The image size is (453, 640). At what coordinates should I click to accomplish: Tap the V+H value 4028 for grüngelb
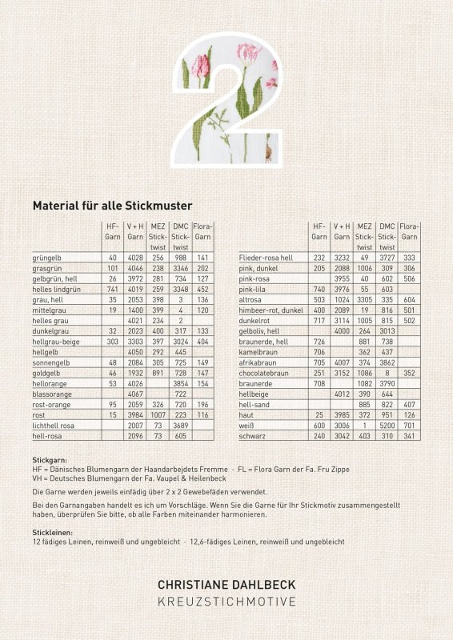pyautogui.click(x=135, y=258)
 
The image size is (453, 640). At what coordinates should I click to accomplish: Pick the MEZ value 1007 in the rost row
pyautogui.click(x=158, y=415)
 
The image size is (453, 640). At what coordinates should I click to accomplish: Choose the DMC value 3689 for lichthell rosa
pyautogui.click(x=180, y=426)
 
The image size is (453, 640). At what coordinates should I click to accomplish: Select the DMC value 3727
pyautogui.click(x=387, y=258)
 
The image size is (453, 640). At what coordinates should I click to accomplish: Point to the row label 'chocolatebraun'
pyautogui.click(x=265, y=394)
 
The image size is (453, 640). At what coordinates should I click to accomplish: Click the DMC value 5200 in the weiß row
pyautogui.click(x=387, y=426)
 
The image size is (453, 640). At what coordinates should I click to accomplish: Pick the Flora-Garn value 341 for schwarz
pyautogui.click(x=410, y=436)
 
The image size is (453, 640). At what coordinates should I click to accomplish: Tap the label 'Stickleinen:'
pyautogui.click(x=53, y=531)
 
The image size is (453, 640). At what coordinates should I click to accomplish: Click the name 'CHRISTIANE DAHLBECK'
pyautogui.click(x=226, y=586)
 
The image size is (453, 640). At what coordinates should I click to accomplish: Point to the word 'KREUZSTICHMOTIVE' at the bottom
pyautogui.click(x=226, y=602)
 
